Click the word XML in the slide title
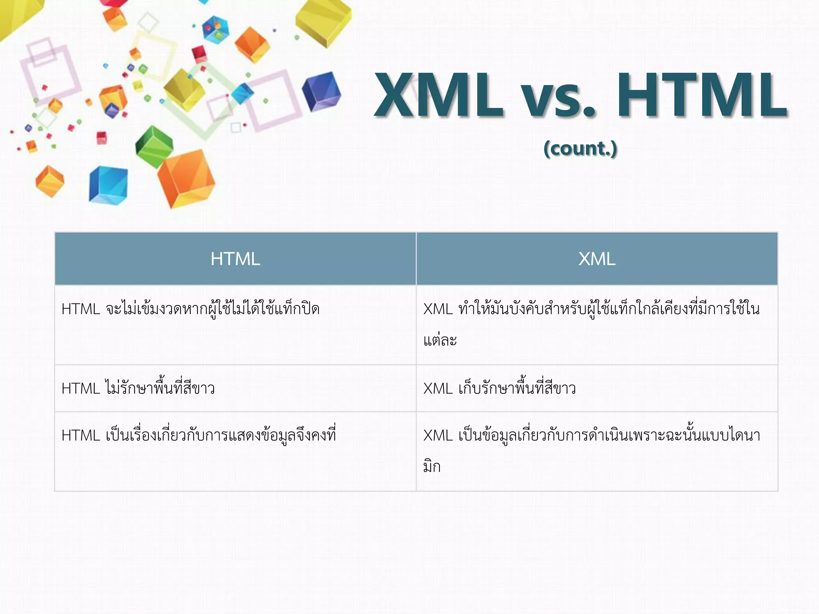(438, 95)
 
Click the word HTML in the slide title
(702, 95)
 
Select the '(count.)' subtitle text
(580, 148)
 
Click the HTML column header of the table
(235, 259)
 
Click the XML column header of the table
(597, 259)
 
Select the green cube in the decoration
(154, 146)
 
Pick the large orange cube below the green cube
(186, 178)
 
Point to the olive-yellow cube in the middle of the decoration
(184, 90)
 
